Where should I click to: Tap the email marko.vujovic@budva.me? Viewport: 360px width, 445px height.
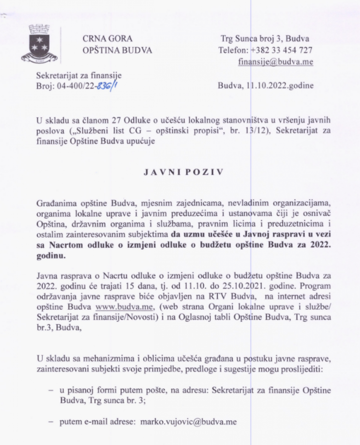point(188,422)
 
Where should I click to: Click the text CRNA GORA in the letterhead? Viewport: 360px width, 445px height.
point(108,39)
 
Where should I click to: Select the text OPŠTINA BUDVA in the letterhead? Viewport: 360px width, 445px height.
point(117,50)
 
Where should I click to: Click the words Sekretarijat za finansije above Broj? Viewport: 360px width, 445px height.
point(79,75)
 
